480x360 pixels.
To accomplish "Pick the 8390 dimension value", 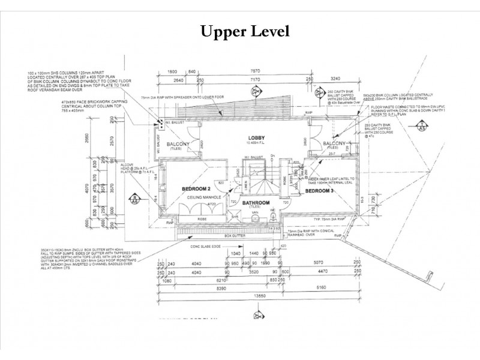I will (x=208, y=288).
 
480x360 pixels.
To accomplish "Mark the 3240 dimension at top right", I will (x=350, y=78).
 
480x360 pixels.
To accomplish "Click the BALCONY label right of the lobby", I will (x=332, y=143).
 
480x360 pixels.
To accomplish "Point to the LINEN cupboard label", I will (x=247, y=184).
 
